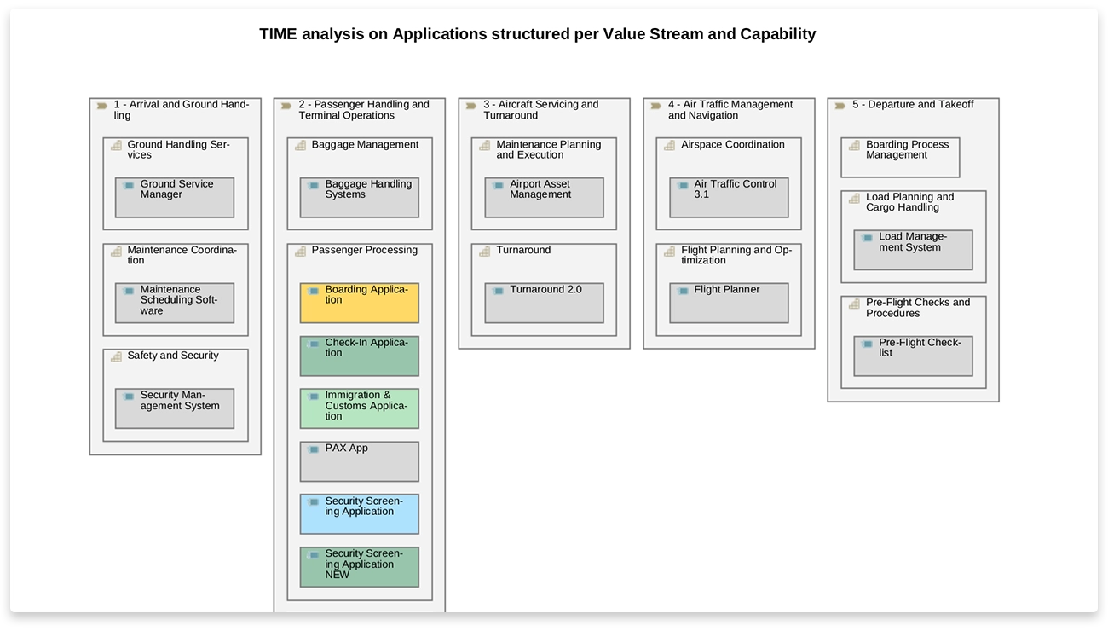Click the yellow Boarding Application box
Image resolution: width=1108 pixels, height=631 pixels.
(359, 303)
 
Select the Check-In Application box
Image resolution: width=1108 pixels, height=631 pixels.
(359, 356)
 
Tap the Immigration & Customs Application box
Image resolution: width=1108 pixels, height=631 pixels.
(359, 408)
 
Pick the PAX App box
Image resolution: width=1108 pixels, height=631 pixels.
(359, 461)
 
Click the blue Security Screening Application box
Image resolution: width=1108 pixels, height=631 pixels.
(359, 514)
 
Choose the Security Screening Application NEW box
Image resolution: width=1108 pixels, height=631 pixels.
(359, 567)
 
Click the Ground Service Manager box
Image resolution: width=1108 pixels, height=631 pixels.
(175, 197)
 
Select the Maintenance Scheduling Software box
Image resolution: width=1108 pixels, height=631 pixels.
(175, 303)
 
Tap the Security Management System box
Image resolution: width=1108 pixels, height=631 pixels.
(175, 408)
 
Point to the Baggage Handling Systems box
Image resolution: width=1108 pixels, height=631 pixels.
(359, 197)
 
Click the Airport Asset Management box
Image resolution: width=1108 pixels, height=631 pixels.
(544, 197)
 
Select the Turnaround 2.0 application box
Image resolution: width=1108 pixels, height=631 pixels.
(544, 303)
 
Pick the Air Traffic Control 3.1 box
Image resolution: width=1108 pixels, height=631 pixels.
(729, 197)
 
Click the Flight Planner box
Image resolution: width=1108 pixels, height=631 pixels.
(729, 303)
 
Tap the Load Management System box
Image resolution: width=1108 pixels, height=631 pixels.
(913, 250)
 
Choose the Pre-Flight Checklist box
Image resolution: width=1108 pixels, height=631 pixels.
(913, 356)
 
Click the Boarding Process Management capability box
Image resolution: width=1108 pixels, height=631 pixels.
(900, 158)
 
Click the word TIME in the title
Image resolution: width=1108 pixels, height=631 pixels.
(278, 34)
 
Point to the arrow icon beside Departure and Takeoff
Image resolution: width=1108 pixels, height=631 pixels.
(840, 106)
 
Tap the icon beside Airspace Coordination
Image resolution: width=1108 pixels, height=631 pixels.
(670, 146)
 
